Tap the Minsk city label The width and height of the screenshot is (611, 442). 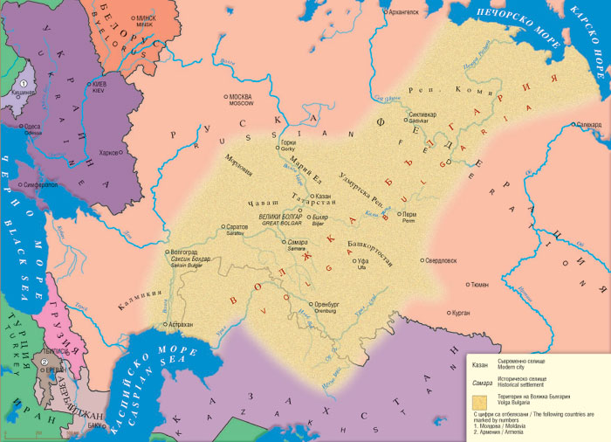point(145,20)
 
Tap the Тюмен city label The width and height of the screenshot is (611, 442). point(478,284)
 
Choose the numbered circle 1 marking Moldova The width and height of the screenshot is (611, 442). point(24,84)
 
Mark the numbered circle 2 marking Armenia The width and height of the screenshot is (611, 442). point(42,362)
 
